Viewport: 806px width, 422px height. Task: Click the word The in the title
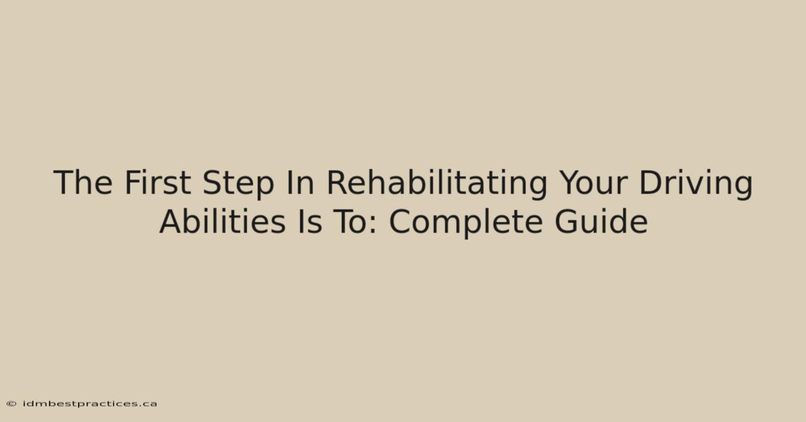point(83,183)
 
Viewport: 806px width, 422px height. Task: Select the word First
point(158,183)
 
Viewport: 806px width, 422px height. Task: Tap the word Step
point(238,184)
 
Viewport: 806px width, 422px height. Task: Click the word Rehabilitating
point(437,184)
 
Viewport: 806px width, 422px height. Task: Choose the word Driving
point(696,184)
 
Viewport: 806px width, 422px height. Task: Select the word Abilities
point(223,222)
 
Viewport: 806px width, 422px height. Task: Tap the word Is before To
point(310,222)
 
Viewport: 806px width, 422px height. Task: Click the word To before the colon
point(351,222)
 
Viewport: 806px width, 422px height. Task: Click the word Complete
point(465,223)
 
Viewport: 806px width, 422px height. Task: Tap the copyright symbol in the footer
point(11,404)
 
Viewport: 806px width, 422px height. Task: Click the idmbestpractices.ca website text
point(90,404)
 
